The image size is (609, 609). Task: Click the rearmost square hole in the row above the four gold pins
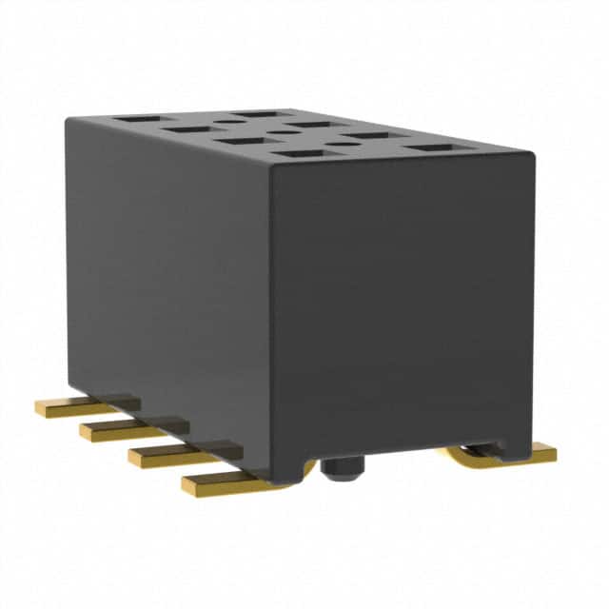(x=131, y=120)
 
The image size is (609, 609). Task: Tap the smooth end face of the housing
(x=400, y=314)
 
